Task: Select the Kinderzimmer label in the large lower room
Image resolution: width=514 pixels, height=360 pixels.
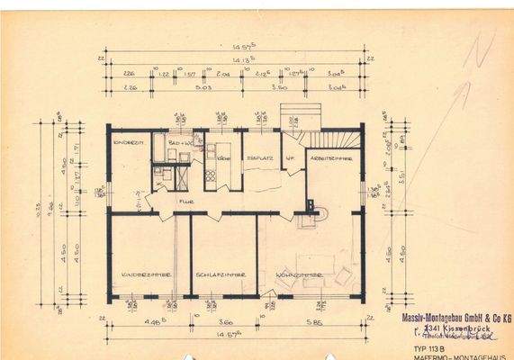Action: pos(142,274)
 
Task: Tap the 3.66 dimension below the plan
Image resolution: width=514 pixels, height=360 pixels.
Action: pos(225,322)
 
